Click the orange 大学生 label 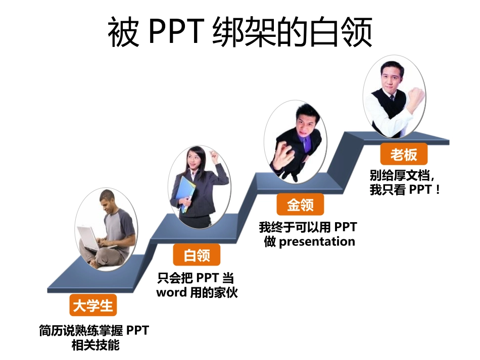point(93,306)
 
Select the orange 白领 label point(197,255)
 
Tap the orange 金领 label point(300,205)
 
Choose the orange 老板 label point(403,155)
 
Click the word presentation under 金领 point(317,241)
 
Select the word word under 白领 point(172,292)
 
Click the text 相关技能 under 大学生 point(93,346)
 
